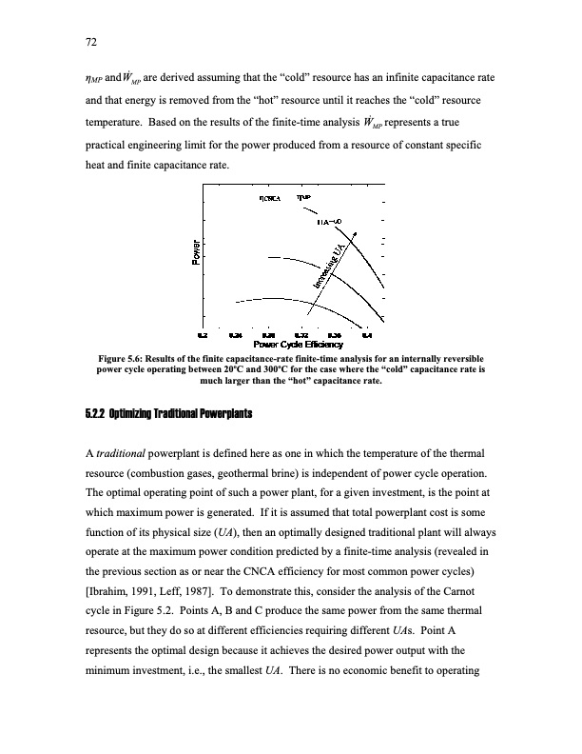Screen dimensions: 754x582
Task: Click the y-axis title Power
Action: (195, 251)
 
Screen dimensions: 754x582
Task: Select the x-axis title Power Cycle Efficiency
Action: (291, 345)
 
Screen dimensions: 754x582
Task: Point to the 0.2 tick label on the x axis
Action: (202, 335)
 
